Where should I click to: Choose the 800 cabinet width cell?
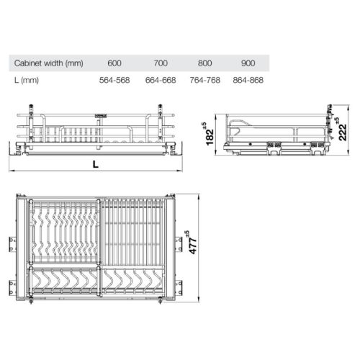coord(206,63)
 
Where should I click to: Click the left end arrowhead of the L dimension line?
coord(12,171)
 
